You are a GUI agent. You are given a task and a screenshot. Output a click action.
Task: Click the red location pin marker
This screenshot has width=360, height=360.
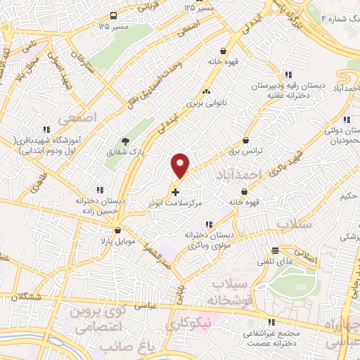coord(181,165)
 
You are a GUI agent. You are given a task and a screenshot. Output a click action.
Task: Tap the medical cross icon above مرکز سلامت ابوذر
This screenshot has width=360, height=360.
coord(175,191)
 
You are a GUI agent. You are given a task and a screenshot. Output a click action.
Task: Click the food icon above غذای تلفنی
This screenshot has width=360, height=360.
coord(276,250)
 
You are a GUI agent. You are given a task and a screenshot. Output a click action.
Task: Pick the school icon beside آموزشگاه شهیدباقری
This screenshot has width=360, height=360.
coord(48,129)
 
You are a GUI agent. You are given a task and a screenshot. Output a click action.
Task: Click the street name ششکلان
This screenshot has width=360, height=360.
coord(22,296)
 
